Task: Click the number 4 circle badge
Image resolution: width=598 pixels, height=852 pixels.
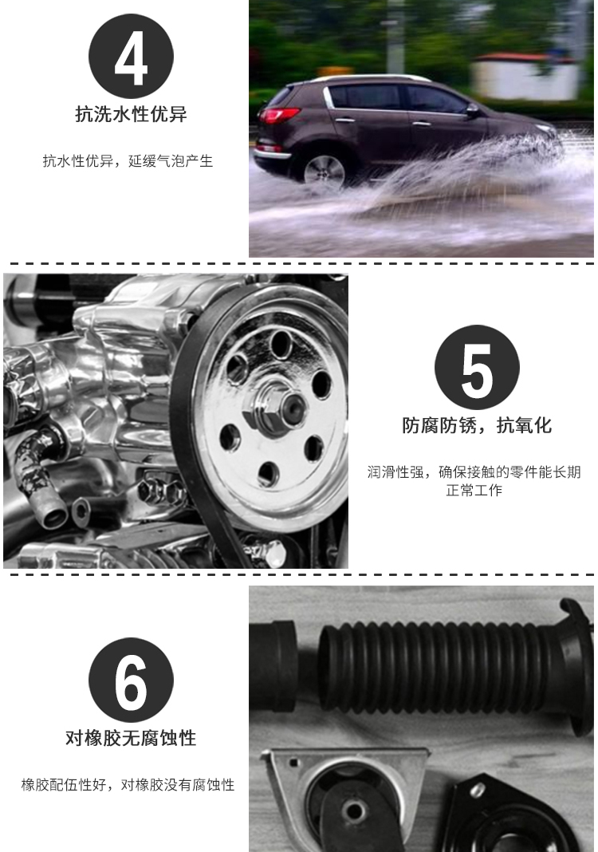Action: [131, 57]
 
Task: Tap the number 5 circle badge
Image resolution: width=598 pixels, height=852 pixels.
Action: [477, 367]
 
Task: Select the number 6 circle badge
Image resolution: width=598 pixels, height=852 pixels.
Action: [131, 680]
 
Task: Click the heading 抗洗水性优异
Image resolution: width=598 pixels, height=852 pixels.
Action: [131, 114]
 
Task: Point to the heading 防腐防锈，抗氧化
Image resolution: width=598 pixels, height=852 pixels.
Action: [477, 425]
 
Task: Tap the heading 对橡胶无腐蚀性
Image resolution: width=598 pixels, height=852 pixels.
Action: [131, 738]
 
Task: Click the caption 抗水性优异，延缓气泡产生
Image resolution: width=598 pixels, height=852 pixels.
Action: [128, 161]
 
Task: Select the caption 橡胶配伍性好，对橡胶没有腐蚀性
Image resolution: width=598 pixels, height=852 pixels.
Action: [128, 785]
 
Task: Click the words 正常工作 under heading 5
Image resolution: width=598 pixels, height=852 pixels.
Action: [474, 490]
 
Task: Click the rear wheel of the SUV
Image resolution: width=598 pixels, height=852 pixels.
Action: [325, 172]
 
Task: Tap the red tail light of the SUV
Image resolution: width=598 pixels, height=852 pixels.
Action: [279, 115]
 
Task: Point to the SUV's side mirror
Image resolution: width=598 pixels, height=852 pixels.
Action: [472, 110]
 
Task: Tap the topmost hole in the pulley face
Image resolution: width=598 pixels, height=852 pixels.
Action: [281, 345]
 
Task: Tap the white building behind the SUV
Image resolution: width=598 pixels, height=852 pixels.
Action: [525, 76]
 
